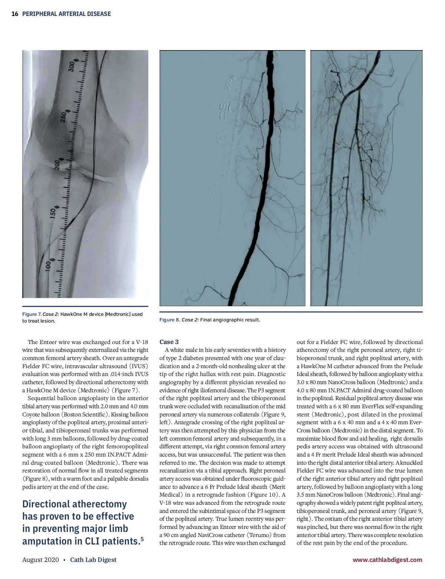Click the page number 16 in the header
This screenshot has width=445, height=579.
tap(15, 14)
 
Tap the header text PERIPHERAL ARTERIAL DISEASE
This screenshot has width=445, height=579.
tap(66, 14)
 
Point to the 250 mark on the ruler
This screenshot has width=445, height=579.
tap(63, 117)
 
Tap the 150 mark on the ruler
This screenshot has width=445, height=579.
tap(53, 213)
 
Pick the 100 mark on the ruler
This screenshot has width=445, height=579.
tap(48, 266)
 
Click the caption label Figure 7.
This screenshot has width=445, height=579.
tap(32, 314)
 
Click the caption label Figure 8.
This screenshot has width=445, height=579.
tap(169, 320)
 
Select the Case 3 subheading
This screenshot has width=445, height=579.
tap(169, 342)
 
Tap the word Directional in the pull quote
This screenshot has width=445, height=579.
tap(46, 504)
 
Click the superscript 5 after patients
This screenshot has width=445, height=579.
tap(142, 539)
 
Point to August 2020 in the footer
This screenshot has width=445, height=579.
tap(40, 560)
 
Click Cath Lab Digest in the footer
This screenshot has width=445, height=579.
tap(93, 560)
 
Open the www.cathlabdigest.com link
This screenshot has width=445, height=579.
tap(387, 560)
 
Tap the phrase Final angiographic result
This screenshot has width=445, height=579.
tap(230, 320)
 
